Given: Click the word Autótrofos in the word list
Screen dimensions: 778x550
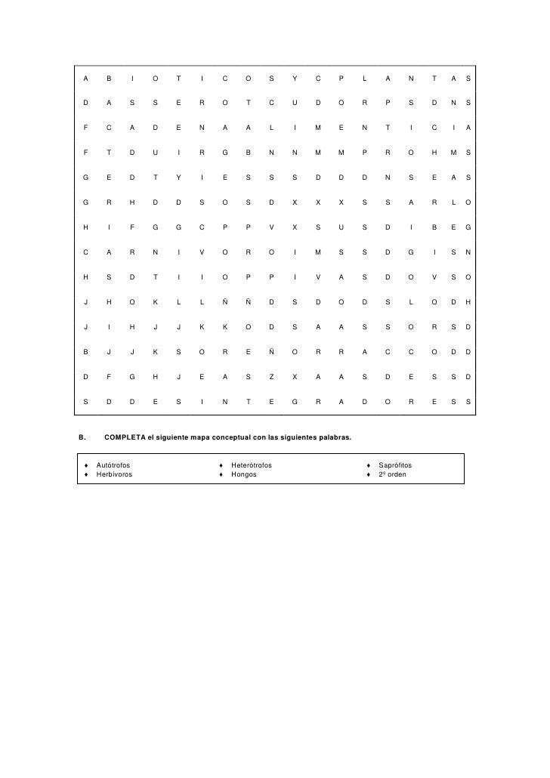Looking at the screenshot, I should (113, 465).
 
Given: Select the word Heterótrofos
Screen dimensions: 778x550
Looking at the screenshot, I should (252, 465).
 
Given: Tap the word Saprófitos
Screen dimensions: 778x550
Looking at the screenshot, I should (395, 465).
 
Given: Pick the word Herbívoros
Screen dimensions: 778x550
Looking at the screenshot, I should (114, 474).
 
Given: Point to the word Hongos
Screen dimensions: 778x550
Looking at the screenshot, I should (244, 474).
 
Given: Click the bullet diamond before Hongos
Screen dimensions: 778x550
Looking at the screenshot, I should (221, 474).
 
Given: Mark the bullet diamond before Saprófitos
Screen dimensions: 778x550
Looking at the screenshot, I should (368, 465).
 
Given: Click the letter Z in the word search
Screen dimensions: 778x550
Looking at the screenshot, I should (271, 375).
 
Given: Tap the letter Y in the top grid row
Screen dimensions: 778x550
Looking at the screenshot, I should (295, 79).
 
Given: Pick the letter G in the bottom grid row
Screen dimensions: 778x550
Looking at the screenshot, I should (295, 401).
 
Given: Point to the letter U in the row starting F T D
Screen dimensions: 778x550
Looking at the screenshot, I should (155, 153).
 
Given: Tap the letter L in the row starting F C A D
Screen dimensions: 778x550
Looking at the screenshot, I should (271, 128).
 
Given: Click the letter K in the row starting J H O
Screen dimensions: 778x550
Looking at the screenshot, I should (155, 302).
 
